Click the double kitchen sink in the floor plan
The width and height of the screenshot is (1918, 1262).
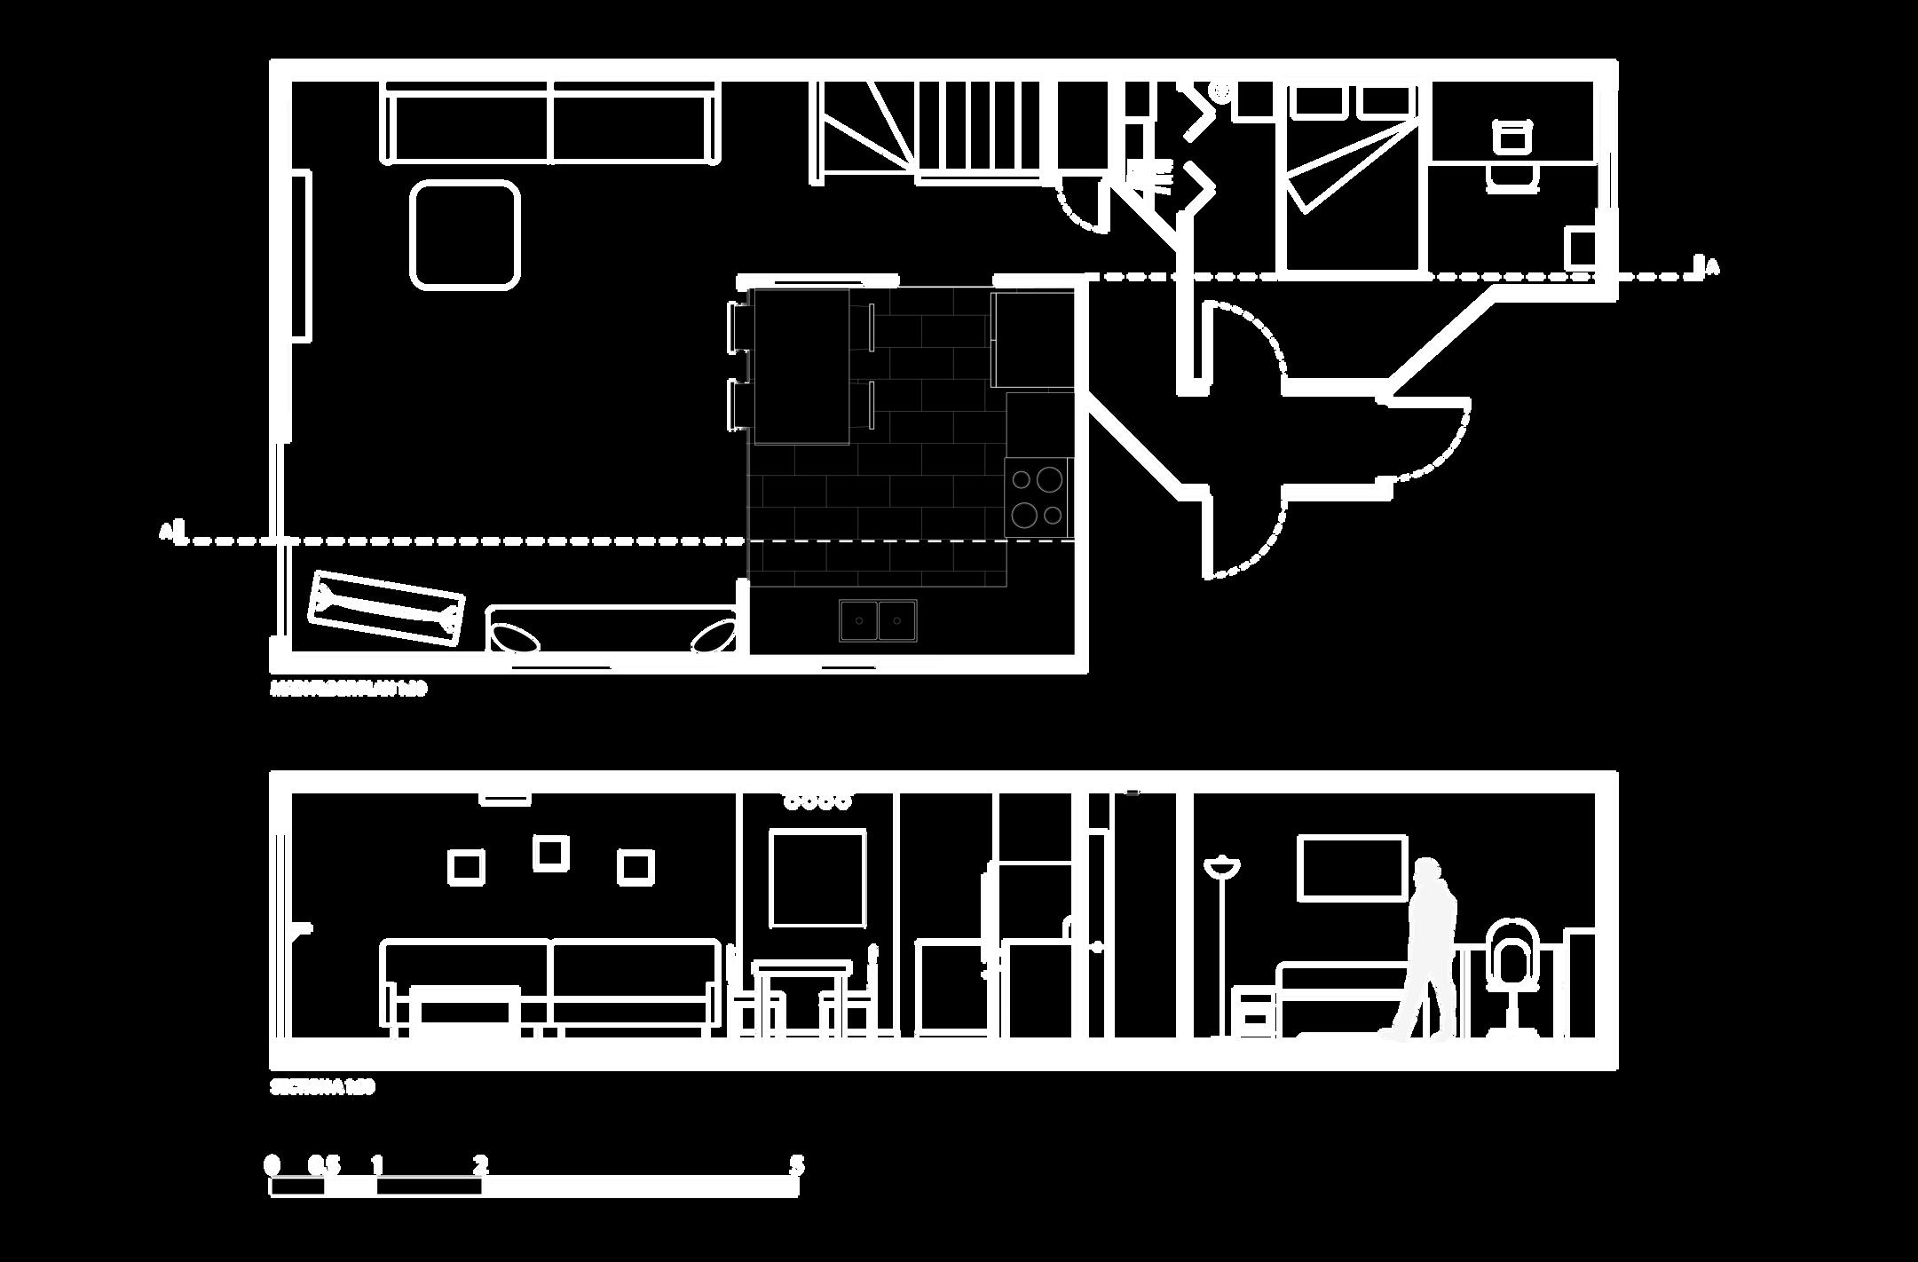pos(879,619)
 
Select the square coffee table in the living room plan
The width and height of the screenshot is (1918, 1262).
pos(464,234)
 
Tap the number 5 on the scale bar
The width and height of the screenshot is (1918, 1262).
pos(796,1163)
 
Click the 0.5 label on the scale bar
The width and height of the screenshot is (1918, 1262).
pos(324,1163)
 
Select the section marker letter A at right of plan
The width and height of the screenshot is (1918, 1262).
pos(1713,267)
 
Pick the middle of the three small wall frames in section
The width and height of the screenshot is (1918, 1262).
pos(550,852)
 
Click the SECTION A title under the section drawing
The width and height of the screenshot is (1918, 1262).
pos(322,1087)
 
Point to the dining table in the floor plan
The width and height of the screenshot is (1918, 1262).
pos(801,366)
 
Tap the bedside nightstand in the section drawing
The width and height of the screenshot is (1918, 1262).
pos(1254,1012)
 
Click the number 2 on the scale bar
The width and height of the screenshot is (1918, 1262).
pos(480,1163)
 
